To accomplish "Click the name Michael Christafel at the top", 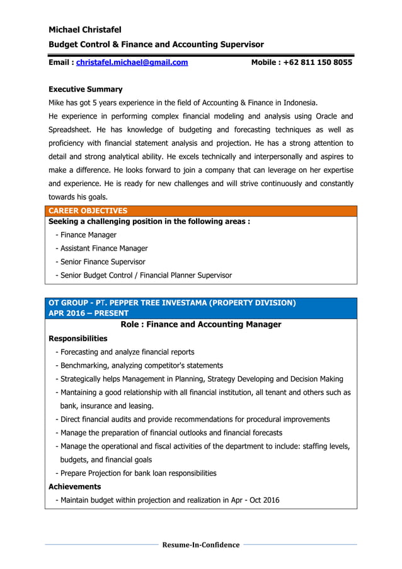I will (85, 30).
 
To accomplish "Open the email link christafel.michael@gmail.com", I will (132, 62).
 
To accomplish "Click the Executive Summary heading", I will (86, 89).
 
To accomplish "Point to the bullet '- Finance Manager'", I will (86, 235).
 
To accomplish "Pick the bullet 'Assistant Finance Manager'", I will (101, 248).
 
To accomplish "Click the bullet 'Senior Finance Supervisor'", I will (100, 261).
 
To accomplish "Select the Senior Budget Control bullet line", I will (144, 275).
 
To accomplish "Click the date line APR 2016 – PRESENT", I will (88, 313).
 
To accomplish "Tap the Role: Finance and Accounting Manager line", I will (200, 324).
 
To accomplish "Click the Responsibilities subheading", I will (78, 338).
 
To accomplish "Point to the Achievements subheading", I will (74, 486).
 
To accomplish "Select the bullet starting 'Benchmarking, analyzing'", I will (139, 365).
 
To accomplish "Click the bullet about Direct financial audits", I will (193, 419).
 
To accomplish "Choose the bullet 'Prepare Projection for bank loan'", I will (136, 472).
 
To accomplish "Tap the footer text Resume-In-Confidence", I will (201, 544).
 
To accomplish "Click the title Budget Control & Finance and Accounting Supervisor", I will (156, 44).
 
